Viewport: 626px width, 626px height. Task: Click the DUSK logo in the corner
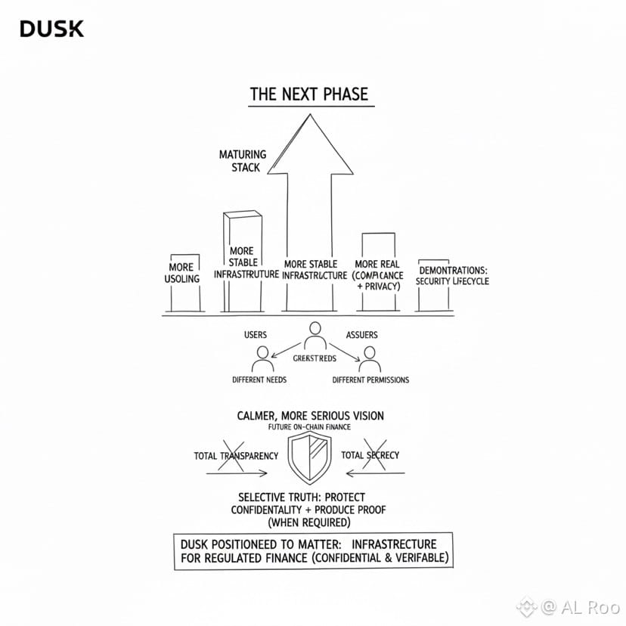51,29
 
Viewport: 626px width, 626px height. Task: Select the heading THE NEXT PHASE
309,95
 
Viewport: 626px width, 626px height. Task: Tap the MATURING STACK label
243,161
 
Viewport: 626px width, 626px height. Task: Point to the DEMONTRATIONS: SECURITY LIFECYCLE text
452,276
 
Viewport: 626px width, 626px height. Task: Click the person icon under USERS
262,358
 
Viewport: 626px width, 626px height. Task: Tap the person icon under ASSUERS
368,358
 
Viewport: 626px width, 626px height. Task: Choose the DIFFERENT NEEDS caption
259,380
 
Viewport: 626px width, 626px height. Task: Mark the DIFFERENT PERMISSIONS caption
370,380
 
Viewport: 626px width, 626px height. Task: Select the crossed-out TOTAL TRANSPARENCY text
237,456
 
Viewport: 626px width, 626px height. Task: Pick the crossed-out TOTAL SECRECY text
370,455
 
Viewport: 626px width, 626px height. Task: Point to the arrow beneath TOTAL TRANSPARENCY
237,474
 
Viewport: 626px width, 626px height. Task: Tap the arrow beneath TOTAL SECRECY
374,474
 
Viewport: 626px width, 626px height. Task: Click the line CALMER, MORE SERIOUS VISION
311,416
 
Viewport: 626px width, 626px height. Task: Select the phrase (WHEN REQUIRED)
309,522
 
